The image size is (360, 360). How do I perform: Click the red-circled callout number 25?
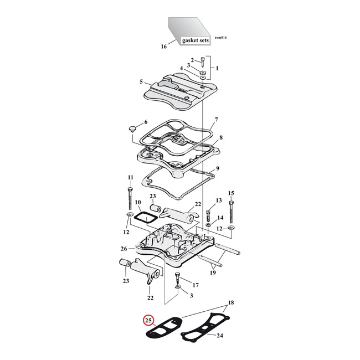click(148, 320)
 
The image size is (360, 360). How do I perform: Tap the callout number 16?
click(163, 47)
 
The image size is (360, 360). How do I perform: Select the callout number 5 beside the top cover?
click(141, 81)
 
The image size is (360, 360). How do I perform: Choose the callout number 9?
click(218, 168)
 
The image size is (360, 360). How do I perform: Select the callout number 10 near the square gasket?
click(138, 203)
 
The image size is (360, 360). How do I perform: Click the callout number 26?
click(124, 249)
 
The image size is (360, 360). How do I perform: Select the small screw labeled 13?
click(209, 213)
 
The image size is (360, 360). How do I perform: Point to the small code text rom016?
click(220, 38)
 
